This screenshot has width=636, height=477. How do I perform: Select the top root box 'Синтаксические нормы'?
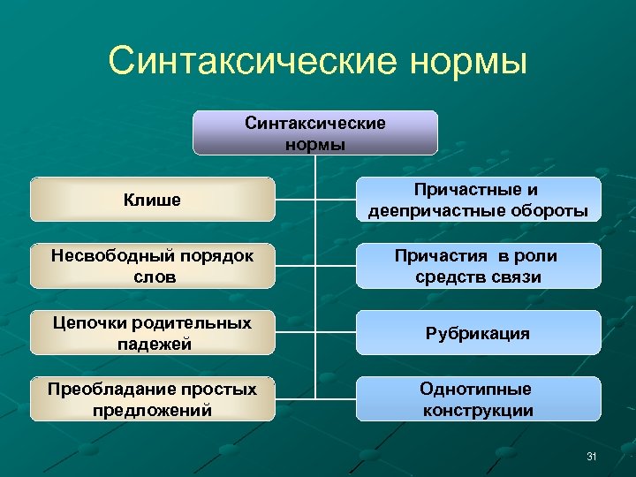[315, 132]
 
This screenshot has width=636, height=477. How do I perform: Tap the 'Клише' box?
[153, 200]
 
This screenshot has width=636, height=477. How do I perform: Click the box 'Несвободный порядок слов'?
[153, 266]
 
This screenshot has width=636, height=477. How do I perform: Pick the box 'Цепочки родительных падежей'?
[153, 333]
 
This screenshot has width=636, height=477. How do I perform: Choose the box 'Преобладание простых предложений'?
[153, 399]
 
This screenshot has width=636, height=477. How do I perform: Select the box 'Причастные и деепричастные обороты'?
[478, 200]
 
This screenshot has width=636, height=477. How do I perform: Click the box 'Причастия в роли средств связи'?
[478, 266]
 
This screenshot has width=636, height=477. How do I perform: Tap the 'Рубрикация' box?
[478, 333]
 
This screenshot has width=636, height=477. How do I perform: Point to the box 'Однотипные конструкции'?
[478, 399]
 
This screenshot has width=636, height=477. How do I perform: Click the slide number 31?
[592, 456]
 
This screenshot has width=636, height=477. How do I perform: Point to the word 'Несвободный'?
[102, 255]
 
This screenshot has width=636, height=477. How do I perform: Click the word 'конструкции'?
[478, 410]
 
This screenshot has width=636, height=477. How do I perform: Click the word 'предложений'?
[153, 410]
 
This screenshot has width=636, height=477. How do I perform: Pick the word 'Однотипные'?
[476, 389]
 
